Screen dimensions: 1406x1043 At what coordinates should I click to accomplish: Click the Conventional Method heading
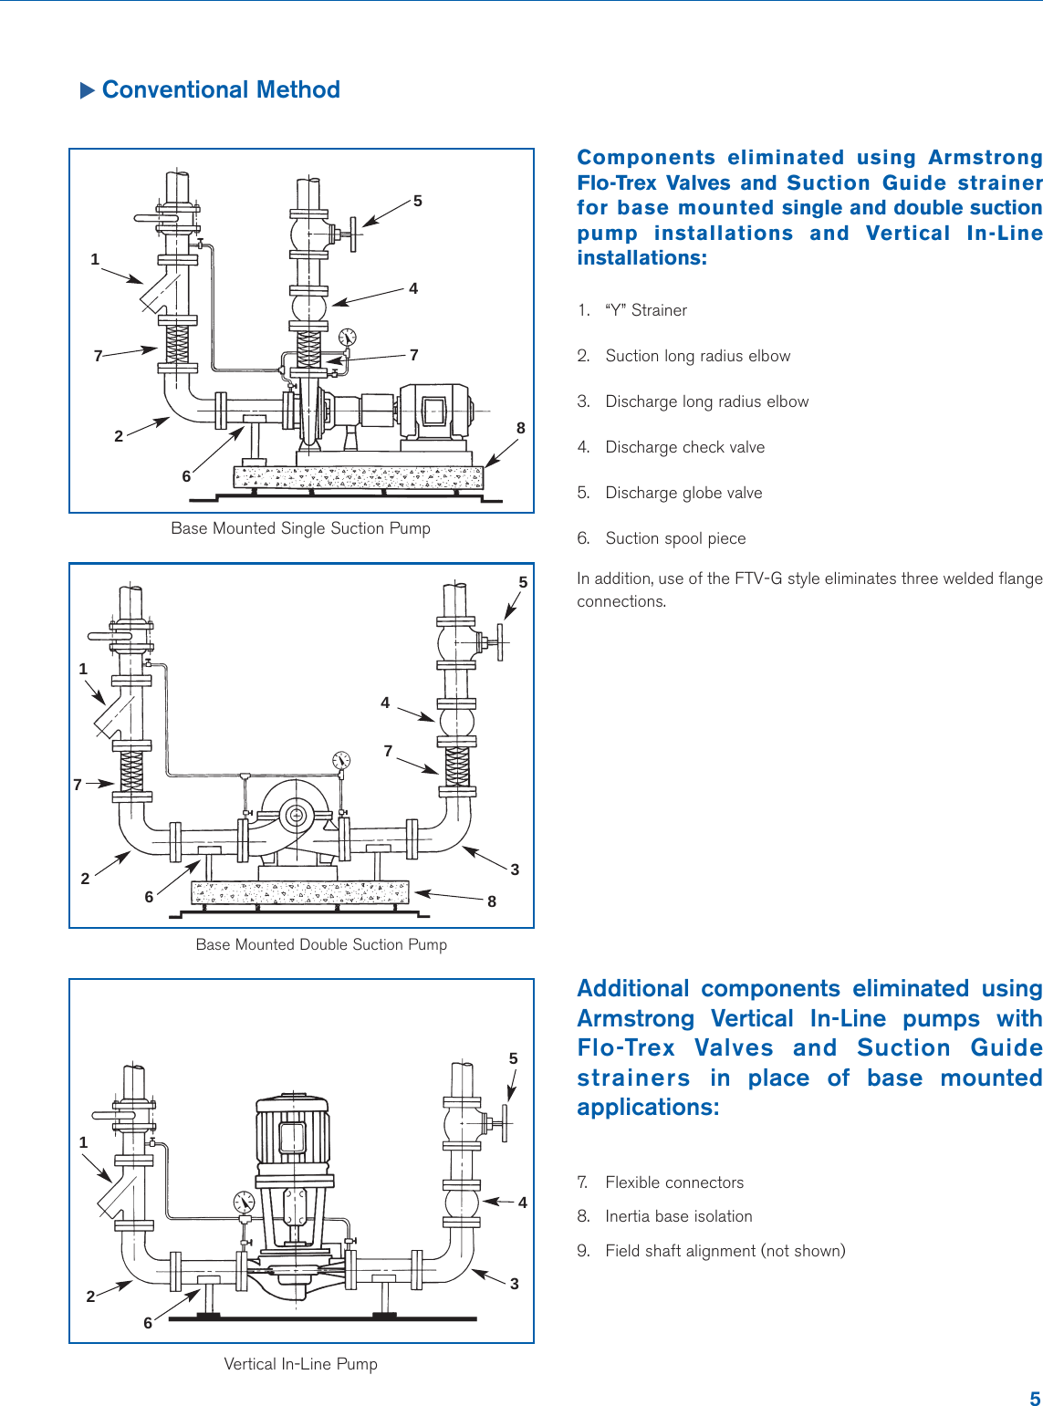point(221,89)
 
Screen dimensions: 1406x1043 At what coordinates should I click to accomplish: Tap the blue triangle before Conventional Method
point(88,90)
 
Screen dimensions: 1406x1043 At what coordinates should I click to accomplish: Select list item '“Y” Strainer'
point(645,310)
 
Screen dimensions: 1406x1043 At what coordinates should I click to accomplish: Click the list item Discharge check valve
point(684,447)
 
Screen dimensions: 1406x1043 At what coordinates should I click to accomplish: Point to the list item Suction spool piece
point(675,538)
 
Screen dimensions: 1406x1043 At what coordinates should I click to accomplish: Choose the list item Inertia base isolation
point(678,1216)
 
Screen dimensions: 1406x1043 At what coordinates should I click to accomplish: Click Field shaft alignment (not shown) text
point(725,1251)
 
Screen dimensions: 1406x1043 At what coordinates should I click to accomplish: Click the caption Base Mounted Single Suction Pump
point(300,528)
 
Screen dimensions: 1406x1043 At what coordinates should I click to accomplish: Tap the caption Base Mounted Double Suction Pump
point(321,944)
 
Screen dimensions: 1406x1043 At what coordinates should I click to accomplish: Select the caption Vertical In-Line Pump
point(300,1364)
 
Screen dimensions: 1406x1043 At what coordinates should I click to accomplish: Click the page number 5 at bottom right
point(1035,1399)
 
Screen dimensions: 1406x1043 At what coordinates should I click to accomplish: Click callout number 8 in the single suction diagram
point(521,428)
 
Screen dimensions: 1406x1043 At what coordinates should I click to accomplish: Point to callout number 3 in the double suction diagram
point(515,870)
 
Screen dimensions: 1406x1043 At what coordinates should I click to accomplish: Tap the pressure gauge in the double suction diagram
point(341,759)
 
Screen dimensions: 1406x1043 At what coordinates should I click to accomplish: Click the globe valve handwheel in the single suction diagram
point(354,235)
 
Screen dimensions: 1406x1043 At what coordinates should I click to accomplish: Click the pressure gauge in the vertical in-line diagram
point(244,1202)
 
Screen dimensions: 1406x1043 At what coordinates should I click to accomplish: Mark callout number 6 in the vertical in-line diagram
point(148,1323)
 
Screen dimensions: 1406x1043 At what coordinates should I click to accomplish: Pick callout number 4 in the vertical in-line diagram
point(523,1203)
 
